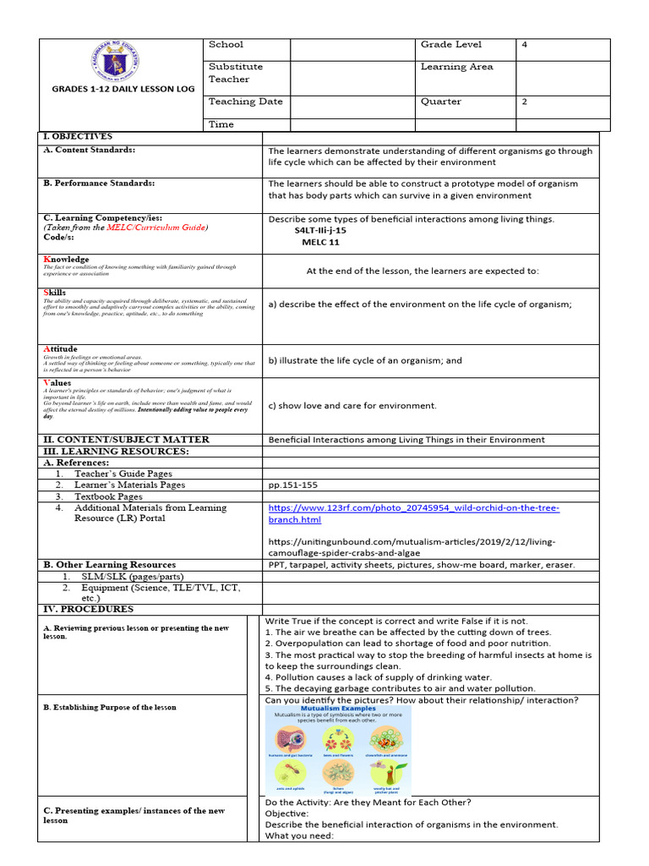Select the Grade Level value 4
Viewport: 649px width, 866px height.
tap(525, 45)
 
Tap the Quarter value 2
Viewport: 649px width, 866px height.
tap(525, 101)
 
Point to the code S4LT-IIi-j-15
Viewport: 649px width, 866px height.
tap(320, 230)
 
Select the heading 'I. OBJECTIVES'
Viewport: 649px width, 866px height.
tap(77, 136)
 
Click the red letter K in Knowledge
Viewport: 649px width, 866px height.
tap(46, 260)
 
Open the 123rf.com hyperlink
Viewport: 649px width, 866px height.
tap(413, 513)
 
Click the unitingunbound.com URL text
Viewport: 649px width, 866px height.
tap(412, 547)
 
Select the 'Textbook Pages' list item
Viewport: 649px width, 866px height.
tap(108, 496)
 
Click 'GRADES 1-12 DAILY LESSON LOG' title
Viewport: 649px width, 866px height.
tap(123, 89)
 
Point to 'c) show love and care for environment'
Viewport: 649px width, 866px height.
tap(352, 406)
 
